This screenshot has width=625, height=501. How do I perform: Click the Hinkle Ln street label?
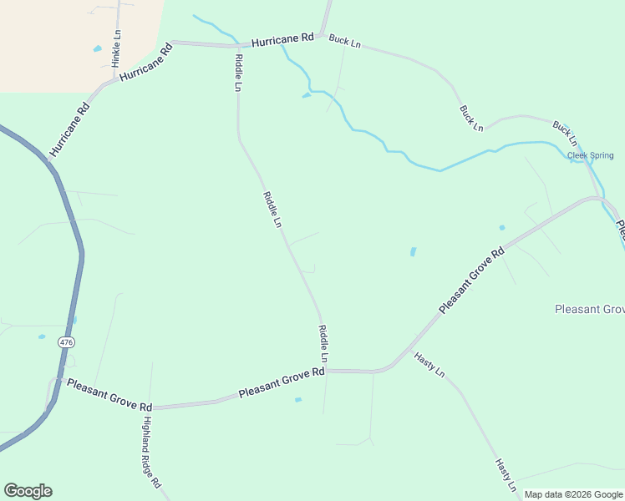tap(117, 48)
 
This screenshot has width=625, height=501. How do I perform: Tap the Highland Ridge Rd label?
tap(150, 452)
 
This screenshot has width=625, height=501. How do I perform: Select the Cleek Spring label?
tap(590, 155)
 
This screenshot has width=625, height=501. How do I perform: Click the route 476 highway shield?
tap(67, 342)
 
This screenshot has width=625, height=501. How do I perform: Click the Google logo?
tap(28, 491)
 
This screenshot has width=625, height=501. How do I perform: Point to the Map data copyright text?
tap(574, 494)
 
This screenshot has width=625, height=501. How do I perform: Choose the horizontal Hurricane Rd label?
tap(282, 39)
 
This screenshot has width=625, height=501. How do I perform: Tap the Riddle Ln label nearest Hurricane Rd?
tap(238, 73)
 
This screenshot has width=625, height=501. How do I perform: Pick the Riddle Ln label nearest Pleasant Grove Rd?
tap(323, 344)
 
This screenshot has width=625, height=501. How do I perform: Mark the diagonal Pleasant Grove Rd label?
tap(472, 281)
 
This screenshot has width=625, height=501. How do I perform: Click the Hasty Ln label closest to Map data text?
tap(506, 475)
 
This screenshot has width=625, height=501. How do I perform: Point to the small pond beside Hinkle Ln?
tap(98, 49)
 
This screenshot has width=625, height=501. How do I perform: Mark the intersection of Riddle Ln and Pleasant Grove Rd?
tap(326, 370)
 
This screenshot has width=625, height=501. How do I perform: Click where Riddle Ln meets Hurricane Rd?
tap(236, 46)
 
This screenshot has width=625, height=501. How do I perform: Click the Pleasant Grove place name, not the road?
tap(589, 309)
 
